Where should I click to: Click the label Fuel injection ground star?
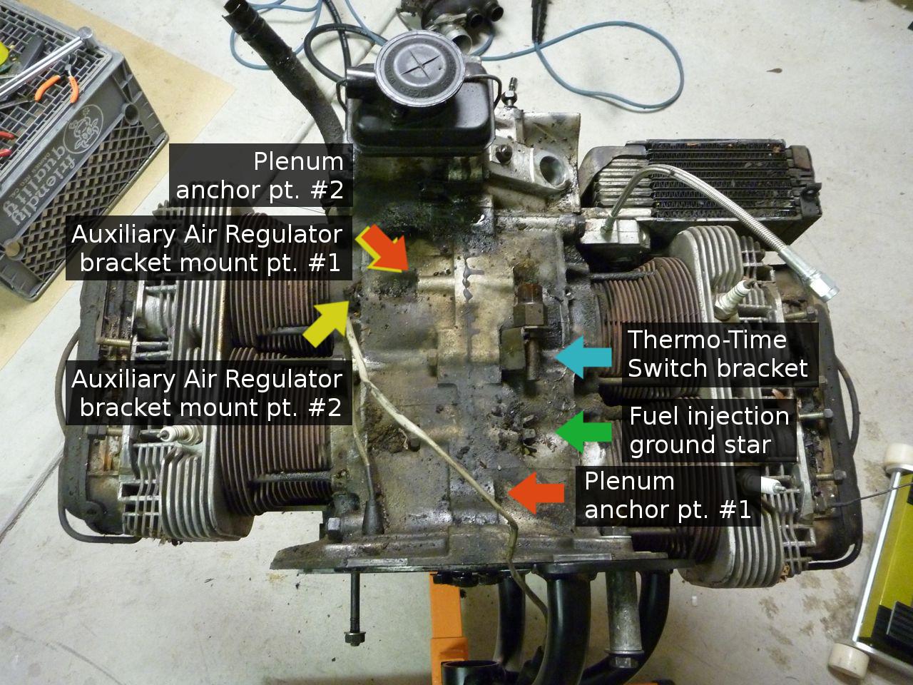pos(709,430)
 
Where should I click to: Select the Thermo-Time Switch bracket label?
pos(717,354)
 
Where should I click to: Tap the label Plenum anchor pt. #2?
pos(260,176)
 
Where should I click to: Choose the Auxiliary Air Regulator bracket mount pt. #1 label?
pos(207,249)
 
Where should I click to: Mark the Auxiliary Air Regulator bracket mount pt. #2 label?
pos(207,393)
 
